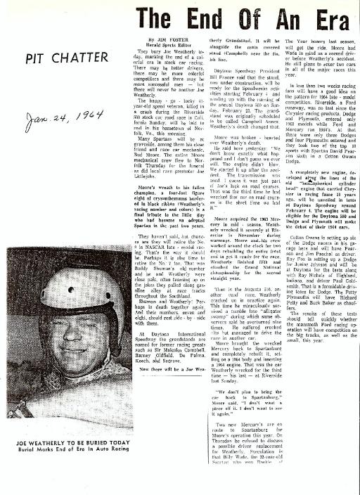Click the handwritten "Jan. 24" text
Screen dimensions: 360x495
[40, 120]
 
